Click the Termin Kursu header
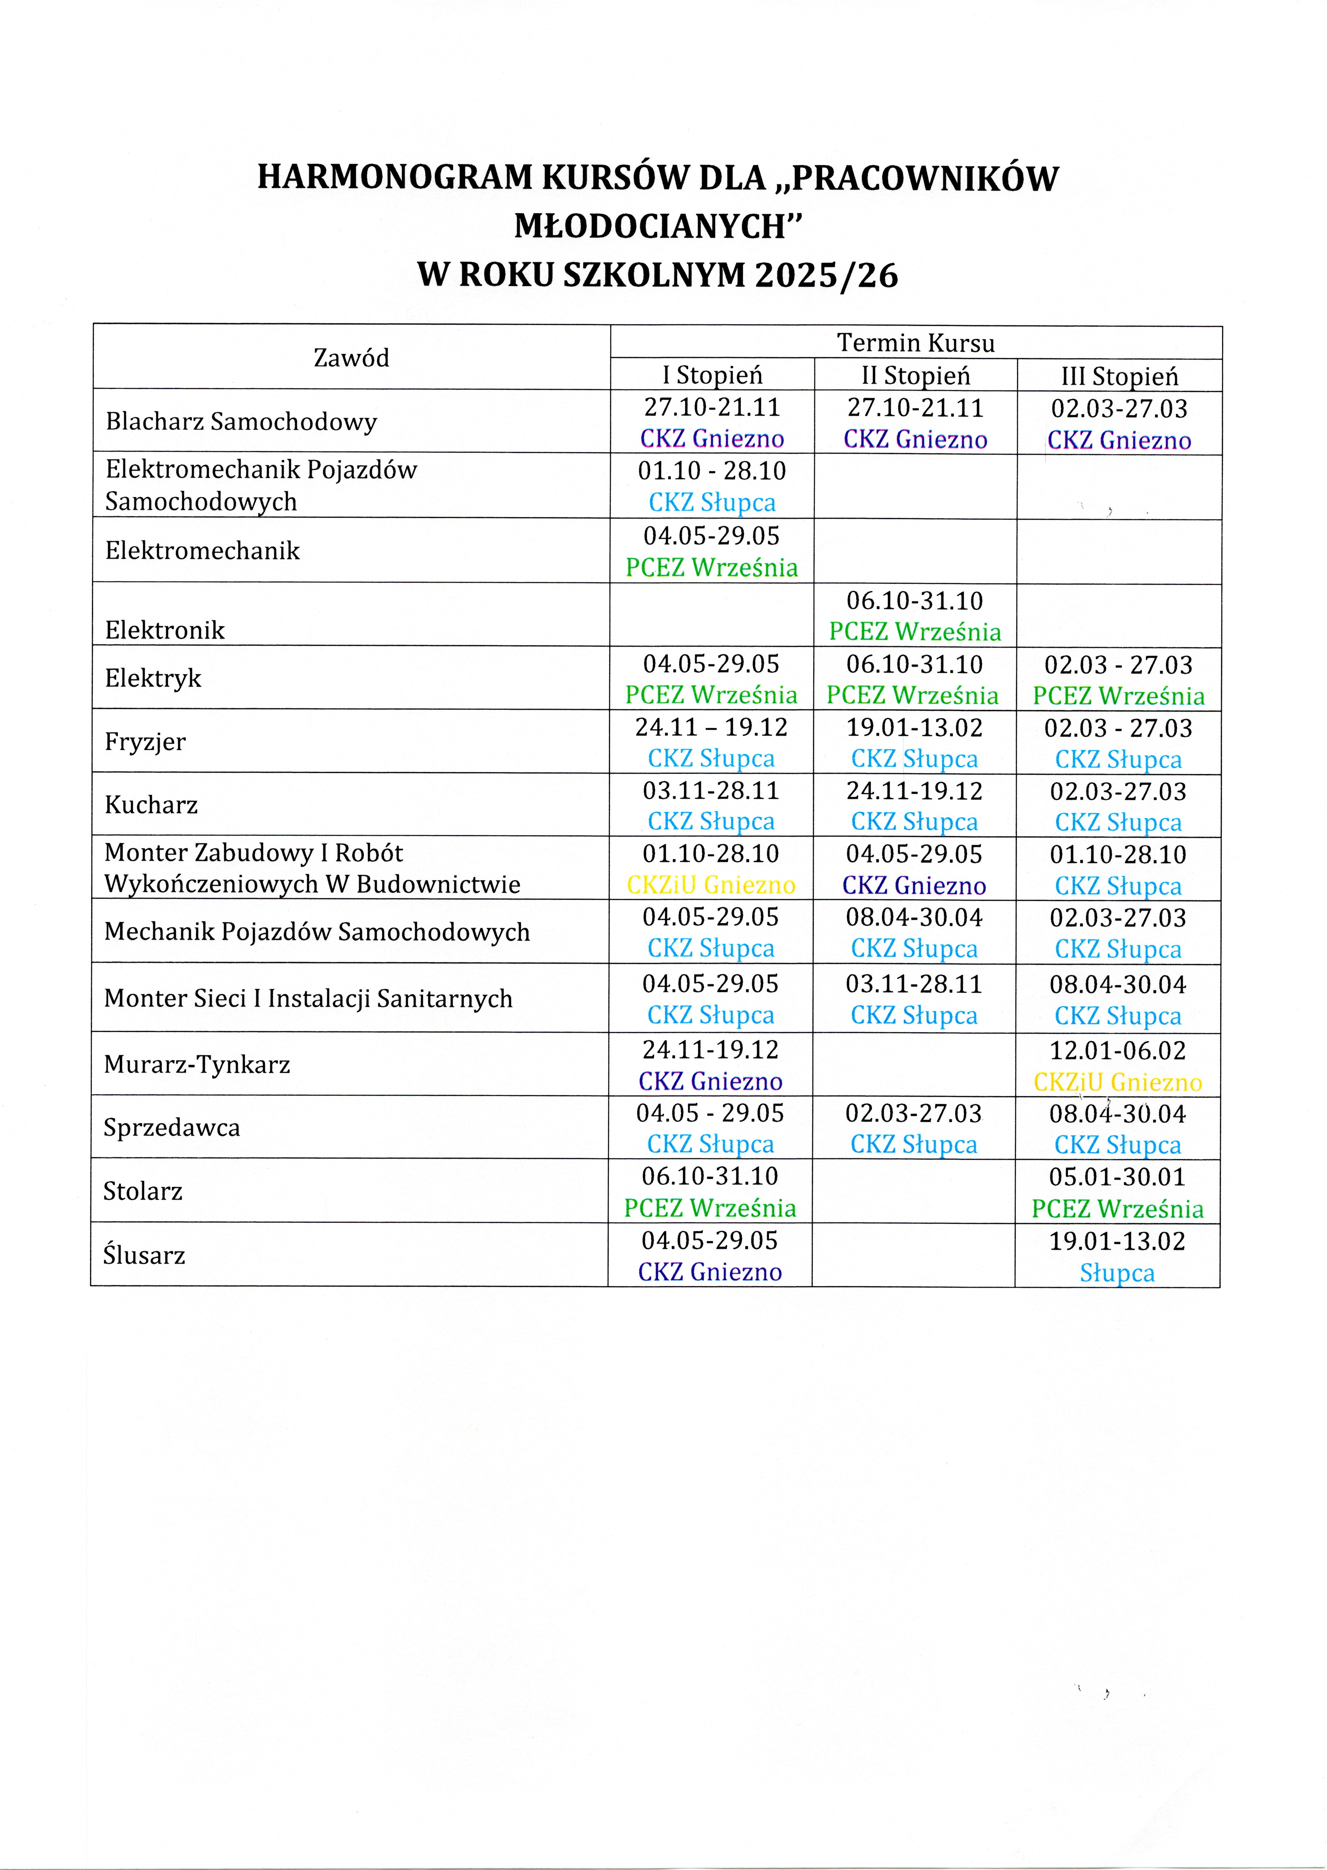(x=915, y=342)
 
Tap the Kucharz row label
(x=151, y=805)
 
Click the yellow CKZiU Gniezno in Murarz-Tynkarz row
(x=1117, y=1082)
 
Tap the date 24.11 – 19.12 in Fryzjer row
(x=711, y=727)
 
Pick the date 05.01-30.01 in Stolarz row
(x=1117, y=1177)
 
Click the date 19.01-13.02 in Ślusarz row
(x=1117, y=1241)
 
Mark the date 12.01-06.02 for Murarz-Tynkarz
(x=1117, y=1050)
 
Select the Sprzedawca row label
(x=172, y=1128)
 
